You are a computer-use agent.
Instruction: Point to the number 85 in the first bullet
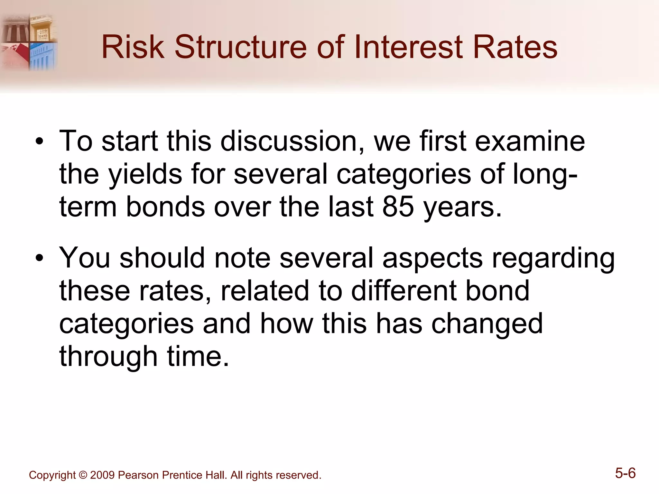tap(398, 207)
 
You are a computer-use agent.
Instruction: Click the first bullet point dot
tap(39, 142)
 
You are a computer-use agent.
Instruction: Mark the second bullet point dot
tap(39, 258)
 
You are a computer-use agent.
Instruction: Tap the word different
tap(404, 291)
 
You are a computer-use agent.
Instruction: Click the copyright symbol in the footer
tap(83, 475)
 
